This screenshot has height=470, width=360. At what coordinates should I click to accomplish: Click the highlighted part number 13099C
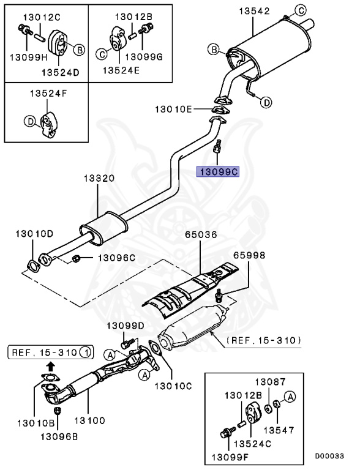click(x=217, y=173)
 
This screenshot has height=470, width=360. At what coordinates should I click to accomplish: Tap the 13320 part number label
click(x=99, y=178)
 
